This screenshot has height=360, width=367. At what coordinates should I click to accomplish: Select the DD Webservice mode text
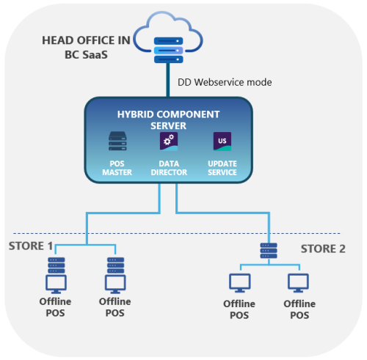225,82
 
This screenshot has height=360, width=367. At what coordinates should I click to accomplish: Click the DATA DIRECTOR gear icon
169,142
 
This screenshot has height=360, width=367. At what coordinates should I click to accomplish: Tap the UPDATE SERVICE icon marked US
222,142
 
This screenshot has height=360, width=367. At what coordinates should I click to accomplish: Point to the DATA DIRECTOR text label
169,167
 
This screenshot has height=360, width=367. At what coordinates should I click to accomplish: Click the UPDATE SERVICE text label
222,167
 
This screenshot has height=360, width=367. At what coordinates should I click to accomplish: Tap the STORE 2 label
322,249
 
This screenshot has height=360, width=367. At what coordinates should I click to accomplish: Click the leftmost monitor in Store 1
54,282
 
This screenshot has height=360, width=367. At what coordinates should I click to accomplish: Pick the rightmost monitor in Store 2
299,282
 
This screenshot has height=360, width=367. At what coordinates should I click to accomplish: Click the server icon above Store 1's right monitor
115,263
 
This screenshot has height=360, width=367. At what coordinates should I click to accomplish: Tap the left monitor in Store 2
239,282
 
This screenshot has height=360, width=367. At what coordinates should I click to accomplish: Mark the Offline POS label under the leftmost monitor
54,307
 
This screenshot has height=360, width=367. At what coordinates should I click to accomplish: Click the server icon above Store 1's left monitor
54,263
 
